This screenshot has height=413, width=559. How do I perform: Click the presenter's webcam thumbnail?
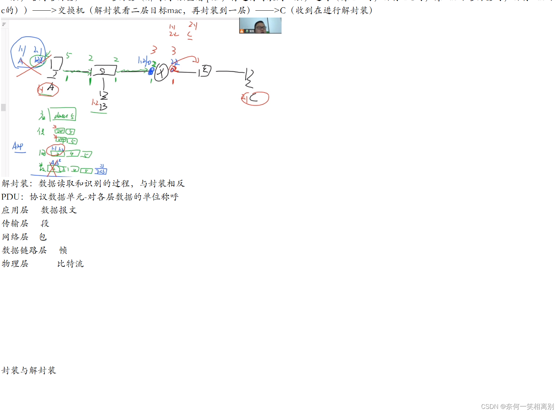coord(260,26)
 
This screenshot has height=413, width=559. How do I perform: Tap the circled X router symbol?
coord(161,72)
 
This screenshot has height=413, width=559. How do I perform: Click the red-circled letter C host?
coord(255,98)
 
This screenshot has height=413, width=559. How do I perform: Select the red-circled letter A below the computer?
coord(48,89)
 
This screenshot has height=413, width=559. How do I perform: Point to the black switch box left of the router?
coord(105,71)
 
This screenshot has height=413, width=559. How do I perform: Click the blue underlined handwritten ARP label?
coord(18,147)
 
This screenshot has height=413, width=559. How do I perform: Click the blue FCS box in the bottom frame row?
coord(101,171)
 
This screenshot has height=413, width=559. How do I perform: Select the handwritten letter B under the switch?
coord(103,107)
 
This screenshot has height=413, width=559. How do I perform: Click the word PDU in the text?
coord(10,197)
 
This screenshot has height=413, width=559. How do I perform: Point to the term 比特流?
coord(70,264)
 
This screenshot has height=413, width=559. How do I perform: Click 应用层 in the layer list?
coord(15,210)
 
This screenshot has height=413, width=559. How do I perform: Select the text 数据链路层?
coord(24,251)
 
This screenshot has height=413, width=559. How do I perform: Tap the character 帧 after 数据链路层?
coord(63,251)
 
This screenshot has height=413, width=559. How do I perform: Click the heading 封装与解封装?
coord(29,371)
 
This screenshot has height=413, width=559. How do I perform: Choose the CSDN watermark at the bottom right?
coord(517,407)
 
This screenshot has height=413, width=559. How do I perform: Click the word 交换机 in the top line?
coord(71,11)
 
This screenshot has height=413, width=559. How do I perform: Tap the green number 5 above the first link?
coord(69,55)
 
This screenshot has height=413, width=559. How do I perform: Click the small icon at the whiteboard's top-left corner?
coord(4,24)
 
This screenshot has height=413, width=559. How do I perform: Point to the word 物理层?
coord(15,264)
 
